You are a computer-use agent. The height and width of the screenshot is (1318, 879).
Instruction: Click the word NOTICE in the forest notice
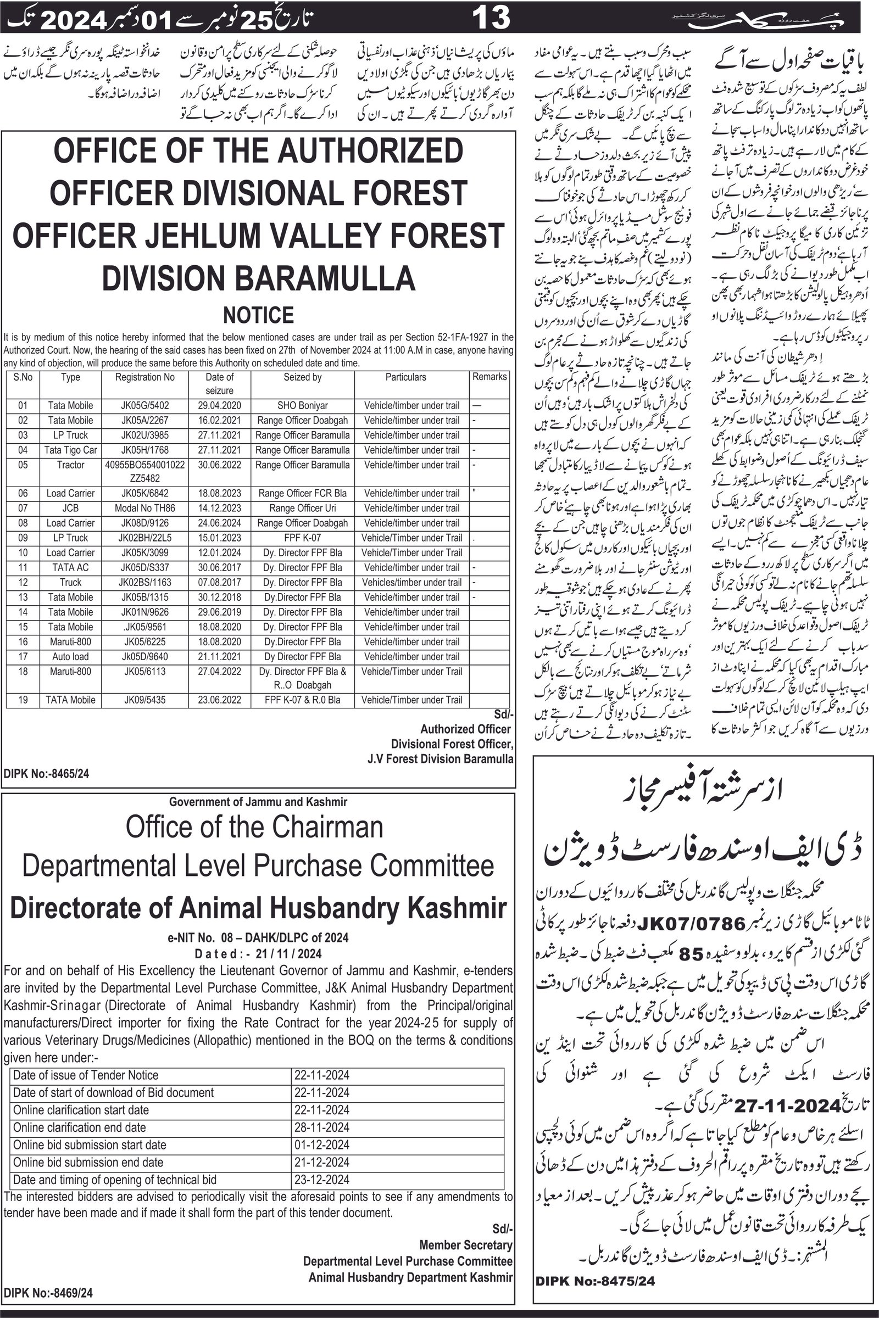pos(258,315)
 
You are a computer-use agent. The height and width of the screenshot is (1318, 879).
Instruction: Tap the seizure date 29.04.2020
pos(219,406)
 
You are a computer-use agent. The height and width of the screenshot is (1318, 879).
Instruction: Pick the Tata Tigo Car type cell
pos(71,450)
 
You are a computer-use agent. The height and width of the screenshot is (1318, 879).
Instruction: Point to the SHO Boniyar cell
pos(302,406)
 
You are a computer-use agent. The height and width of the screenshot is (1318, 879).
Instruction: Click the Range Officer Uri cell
pos(302,509)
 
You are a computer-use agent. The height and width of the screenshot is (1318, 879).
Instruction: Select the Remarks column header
pos(489,377)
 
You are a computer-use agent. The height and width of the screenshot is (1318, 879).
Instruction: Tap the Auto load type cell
pos(71,657)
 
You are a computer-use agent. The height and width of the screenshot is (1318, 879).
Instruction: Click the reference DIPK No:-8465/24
pos(47,774)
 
